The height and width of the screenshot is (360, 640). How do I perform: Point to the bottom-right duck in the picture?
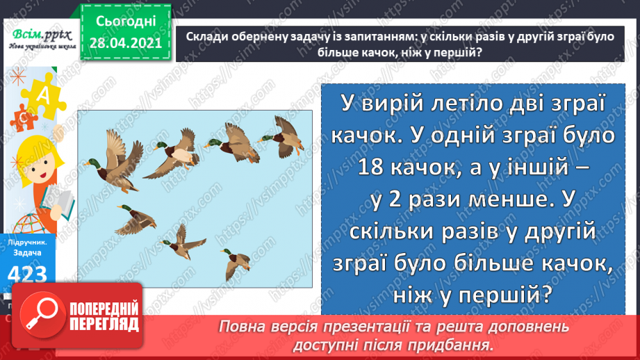point(234,261)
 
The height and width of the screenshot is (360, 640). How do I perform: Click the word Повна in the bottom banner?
point(244,326)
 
